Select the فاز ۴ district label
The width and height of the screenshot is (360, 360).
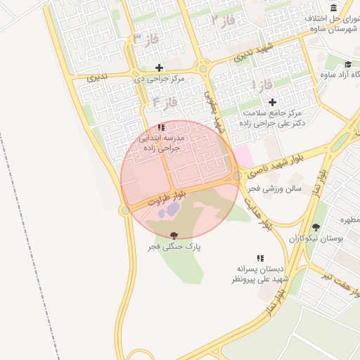coord(163,104)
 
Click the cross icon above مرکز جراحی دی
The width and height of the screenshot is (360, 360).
coord(160,68)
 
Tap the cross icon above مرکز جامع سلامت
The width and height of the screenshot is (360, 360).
coord(272,102)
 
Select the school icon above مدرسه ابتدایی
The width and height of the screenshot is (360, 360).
coord(162,128)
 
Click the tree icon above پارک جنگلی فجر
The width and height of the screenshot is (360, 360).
coord(174,236)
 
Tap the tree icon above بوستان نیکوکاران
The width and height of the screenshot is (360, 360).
coord(316,227)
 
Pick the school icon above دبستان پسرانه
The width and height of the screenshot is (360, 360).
coord(260,258)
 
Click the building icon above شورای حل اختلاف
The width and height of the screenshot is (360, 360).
coord(333,8)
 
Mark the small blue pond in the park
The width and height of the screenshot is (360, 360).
coord(167,210)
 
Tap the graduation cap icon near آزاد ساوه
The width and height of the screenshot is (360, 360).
coord(348,64)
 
